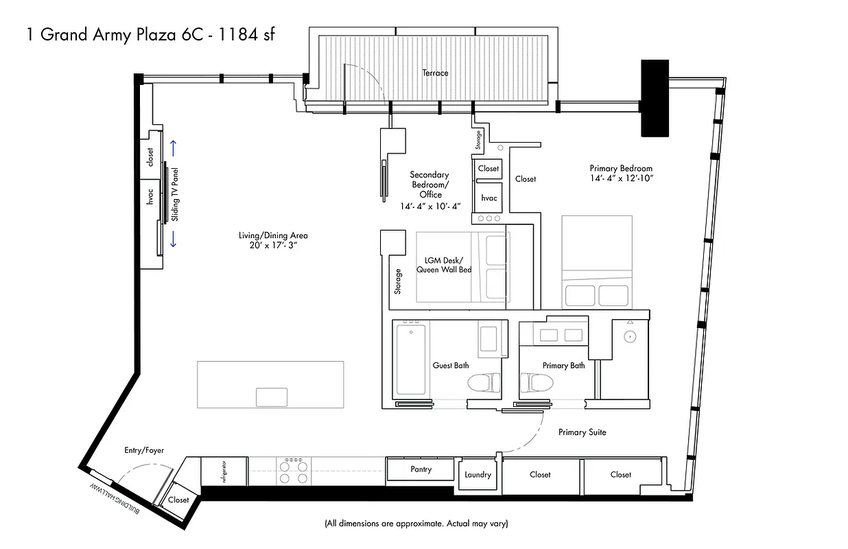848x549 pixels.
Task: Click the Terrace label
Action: [x=436, y=73]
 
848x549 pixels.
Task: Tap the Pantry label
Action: [x=421, y=469]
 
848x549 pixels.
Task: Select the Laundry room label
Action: [x=478, y=474]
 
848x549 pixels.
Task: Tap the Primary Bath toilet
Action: [x=535, y=382]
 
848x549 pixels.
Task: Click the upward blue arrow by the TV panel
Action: [x=174, y=148]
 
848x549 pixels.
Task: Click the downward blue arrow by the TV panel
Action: [x=174, y=239]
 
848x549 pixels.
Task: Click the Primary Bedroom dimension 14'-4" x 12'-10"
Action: [x=621, y=178]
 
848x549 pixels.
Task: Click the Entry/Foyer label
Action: [x=144, y=450]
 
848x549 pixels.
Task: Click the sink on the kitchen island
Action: [x=272, y=397]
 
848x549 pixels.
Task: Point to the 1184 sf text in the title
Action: [x=247, y=34]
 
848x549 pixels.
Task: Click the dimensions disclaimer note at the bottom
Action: [x=416, y=524]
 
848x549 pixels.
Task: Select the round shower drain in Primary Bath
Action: [x=629, y=337]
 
